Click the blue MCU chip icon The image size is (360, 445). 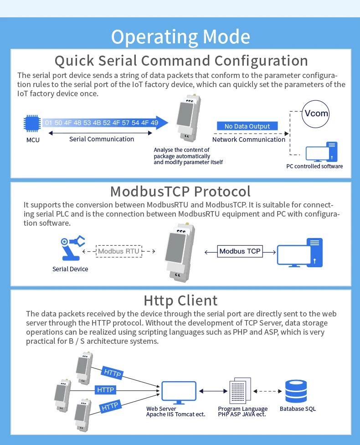(32, 123)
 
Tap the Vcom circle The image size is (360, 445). (315, 114)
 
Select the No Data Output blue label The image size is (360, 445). (247, 126)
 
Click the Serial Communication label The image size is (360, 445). (102, 139)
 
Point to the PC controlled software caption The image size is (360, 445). (314, 166)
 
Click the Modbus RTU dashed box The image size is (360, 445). (119, 251)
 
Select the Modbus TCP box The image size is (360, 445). (240, 251)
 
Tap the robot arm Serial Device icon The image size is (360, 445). (72, 248)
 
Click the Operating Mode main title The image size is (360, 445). (180, 36)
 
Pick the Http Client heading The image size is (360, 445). (180, 300)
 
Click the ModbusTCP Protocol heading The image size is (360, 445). (180, 191)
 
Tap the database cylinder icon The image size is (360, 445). (296, 391)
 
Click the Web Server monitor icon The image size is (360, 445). (179, 393)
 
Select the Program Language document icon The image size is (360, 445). (240, 390)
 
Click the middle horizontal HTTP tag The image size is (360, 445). (106, 390)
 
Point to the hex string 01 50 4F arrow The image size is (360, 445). (105, 123)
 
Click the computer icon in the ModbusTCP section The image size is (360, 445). (299, 253)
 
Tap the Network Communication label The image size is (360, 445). (249, 140)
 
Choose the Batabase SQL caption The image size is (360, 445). (298, 409)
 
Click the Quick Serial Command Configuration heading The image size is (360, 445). (181, 61)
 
